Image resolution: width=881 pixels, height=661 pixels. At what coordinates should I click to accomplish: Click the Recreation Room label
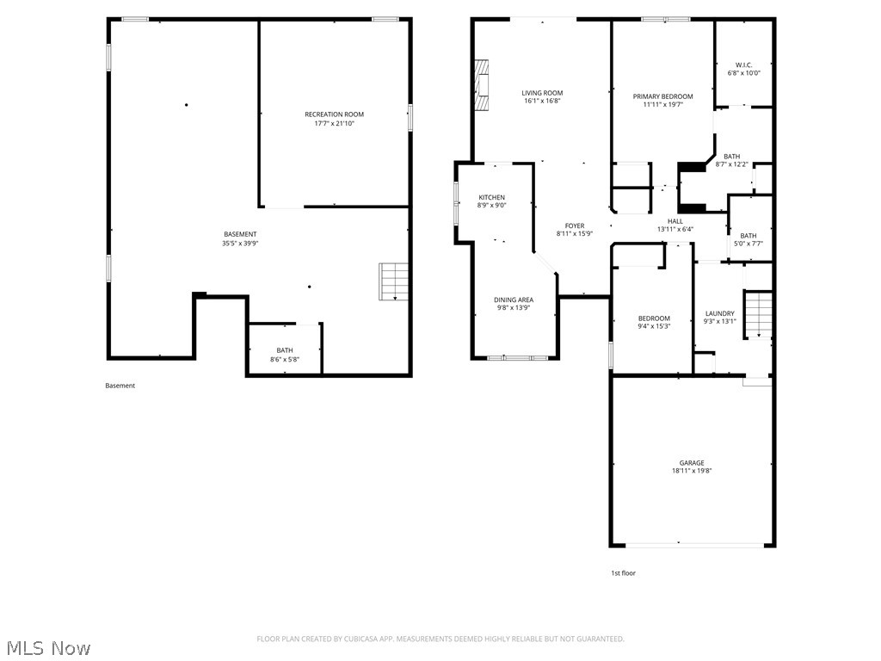(334, 114)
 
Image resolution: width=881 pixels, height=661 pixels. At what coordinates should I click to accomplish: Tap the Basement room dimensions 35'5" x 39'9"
(240, 244)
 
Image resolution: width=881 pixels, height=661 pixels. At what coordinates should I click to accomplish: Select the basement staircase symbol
(393, 281)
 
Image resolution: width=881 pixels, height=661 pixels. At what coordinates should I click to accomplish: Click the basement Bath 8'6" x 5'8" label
(284, 350)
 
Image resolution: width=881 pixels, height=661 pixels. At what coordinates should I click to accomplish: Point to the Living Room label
(542, 93)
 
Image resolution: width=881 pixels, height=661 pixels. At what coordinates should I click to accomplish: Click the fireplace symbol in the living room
(483, 85)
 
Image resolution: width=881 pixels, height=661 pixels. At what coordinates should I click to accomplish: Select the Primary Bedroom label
(662, 96)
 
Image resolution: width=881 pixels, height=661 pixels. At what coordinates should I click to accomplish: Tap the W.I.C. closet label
(743, 65)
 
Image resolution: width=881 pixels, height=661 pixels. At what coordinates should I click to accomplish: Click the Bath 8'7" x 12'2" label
(731, 157)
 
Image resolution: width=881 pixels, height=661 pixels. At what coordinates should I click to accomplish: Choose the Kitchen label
(491, 198)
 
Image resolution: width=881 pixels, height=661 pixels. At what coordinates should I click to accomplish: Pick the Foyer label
(575, 226)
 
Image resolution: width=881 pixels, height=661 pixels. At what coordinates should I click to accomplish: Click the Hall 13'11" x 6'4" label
(675, 221)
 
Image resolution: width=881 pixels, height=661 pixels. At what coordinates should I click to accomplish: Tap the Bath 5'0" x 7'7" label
(749, 236)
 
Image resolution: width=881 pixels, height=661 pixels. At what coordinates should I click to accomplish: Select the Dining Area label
(514, 300)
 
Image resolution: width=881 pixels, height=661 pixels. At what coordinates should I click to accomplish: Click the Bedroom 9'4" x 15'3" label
(654, 318)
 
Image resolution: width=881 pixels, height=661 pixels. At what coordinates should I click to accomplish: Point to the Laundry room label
(719, 313)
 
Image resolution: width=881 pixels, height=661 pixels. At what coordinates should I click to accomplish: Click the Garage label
(692, 463)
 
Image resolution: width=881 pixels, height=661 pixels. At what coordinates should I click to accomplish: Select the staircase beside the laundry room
(758, 314)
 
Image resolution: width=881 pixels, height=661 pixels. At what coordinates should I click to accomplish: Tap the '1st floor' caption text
(623, 573)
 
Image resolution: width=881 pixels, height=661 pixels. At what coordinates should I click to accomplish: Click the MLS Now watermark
(47, 647)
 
